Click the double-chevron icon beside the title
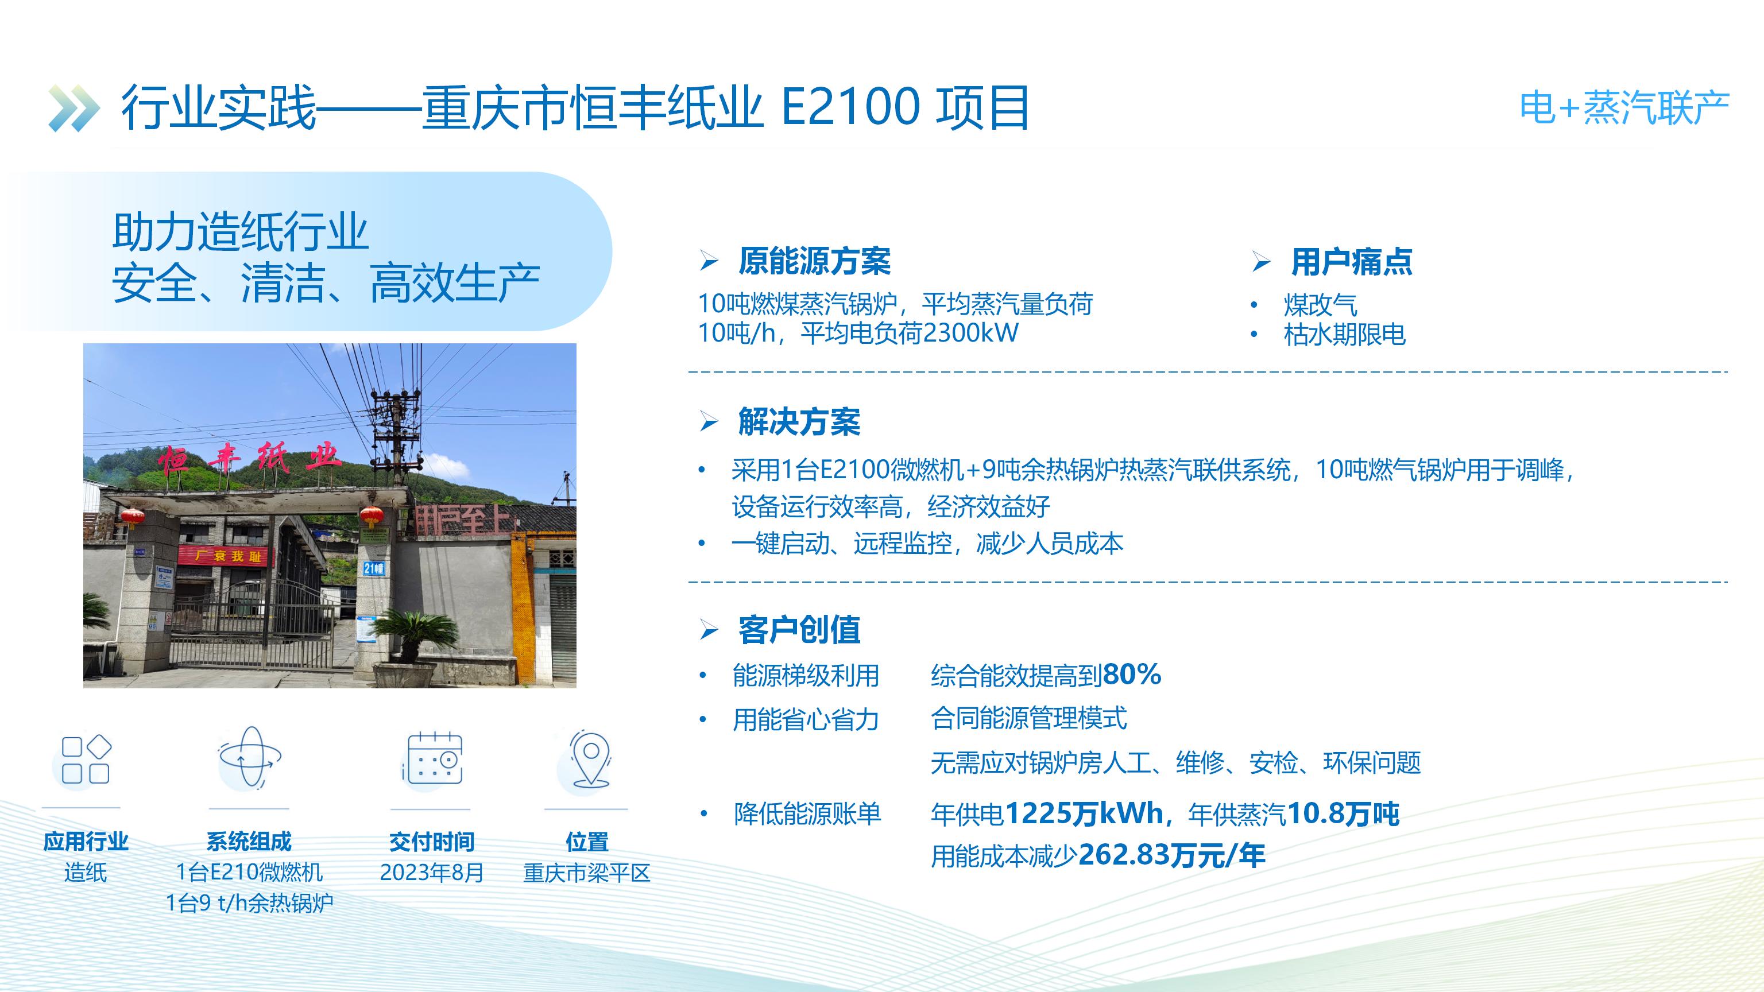(74, 108)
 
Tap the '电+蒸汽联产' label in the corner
(1624, 108)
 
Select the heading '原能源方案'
(814, 262)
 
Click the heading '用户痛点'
(1351, 262)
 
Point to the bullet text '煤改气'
(1320, 305)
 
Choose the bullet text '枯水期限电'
(1344, 335)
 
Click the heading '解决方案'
(799, 422)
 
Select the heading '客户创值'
(799, 630)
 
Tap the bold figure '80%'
(1132, 675)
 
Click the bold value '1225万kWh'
(1084, 814)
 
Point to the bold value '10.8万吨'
(1344, 814)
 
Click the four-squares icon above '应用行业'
(86, 759)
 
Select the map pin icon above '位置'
(590, 759)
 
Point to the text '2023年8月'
(432, 873)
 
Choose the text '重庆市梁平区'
(587, 873)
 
